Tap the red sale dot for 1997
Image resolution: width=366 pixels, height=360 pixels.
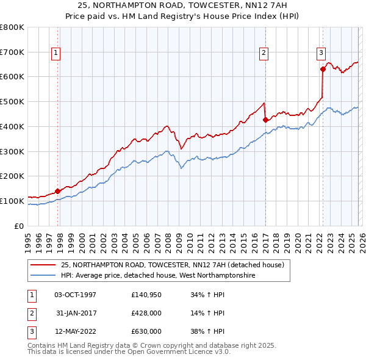tap(57, 191)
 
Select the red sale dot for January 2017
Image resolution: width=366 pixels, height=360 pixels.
tap(265, 120)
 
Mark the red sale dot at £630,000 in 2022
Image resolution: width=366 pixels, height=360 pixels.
tap(323, 69)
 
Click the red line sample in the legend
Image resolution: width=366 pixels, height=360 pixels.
tap(43, 265)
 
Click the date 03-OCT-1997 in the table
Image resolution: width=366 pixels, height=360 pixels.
tap(75, 295)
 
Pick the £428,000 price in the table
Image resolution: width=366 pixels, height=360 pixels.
tap(146, 313)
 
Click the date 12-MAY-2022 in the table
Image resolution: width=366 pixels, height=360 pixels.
tap(75, 331)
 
